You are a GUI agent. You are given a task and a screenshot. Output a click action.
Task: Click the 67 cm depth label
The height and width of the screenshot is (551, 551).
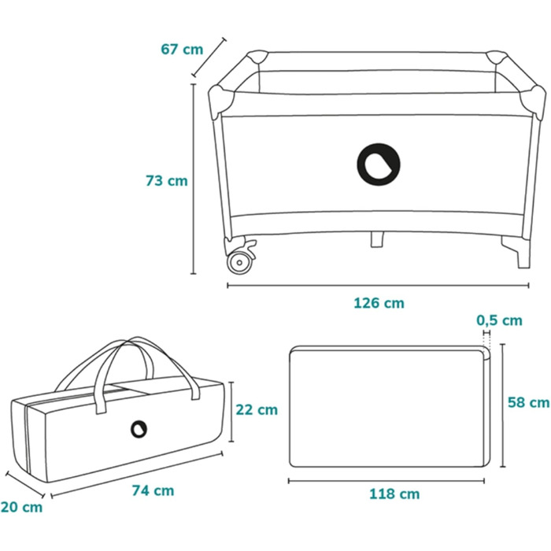click(x=182, y=49)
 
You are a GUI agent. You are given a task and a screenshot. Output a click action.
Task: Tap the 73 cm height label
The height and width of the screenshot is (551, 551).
click(x=167, y=180)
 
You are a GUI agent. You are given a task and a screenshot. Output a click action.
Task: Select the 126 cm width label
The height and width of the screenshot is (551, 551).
click(x=379, y=303)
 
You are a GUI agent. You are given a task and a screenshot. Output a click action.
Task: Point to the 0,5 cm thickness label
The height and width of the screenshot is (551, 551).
click(x=499, y=320)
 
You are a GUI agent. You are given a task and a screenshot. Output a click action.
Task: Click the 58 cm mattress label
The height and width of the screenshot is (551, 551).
click(x=529, y=402)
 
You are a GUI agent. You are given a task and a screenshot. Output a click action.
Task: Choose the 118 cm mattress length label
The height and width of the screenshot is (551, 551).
click(x=394, y=494)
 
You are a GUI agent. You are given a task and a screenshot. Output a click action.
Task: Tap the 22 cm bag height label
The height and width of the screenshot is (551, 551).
click(x=257, y=410)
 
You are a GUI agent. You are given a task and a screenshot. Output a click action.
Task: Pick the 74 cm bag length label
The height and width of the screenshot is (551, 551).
click(x=153, y=490)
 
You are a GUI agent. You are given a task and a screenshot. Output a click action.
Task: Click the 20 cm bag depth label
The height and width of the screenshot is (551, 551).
click(x=21, y=507)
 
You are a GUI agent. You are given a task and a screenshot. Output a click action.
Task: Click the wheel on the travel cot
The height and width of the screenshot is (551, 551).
click(x=240, y=262)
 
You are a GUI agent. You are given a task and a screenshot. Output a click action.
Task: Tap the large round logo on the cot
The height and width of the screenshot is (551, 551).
click(x=379, y=165)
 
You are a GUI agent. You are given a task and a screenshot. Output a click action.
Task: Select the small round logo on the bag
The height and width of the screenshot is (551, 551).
click(x=139, y=429)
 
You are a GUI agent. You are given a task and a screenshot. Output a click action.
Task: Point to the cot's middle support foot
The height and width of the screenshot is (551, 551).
click(x=377, y=239)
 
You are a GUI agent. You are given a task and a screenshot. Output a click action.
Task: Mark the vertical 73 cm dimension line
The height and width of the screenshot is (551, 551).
click(x=193, y=179)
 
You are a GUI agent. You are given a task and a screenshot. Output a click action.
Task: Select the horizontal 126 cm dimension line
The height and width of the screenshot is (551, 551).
click(x=378, y=285)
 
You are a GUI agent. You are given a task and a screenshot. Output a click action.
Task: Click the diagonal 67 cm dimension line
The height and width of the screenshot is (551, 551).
click(x=209, y=57)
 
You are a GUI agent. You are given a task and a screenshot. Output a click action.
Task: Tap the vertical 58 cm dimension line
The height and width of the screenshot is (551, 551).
click(x=502, y=405)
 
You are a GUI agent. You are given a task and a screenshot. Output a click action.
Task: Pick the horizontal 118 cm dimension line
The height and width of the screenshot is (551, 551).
click(x=386, y=481)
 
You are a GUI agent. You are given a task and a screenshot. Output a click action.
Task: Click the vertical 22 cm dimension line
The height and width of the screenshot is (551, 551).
click(x=231, y=412)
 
